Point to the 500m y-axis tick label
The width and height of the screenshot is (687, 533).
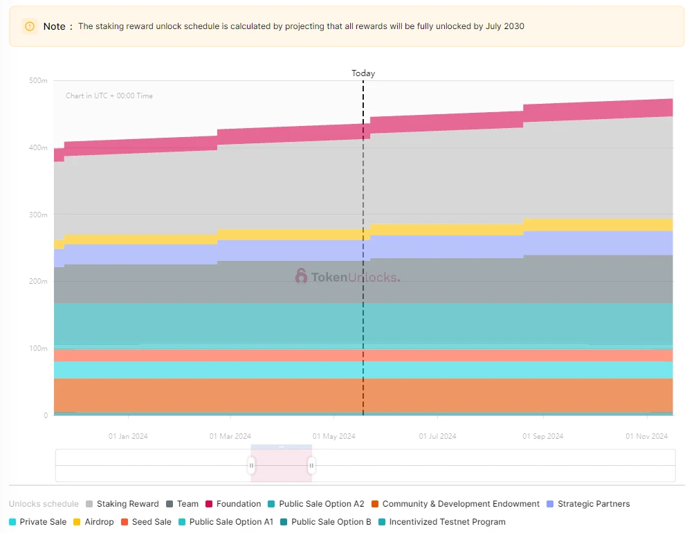pos(38,81)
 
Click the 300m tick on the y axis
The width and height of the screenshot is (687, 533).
pos(38,215)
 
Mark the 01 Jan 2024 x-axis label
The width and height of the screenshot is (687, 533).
pos(128,436)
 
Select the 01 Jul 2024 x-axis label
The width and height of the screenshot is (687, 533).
pos(438,436)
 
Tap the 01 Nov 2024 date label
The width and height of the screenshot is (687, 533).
pos(647,436)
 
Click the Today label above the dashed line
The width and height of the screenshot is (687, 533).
pos(363,73)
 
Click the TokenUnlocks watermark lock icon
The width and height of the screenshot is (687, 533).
pos(301,276)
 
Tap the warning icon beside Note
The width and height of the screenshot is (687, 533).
pos(30,26)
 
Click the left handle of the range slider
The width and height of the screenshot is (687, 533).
pos(252,466)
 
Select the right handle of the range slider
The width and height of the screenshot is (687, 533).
pos(311,466)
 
